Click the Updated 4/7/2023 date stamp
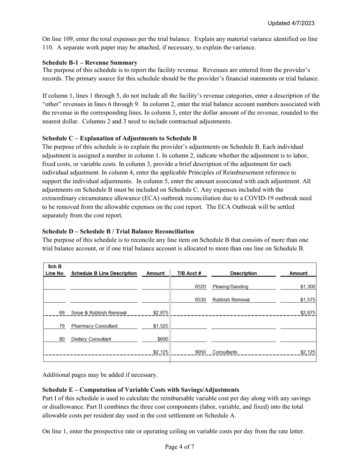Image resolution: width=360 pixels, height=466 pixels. [x=291, y=23]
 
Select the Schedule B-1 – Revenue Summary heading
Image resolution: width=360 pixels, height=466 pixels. [x=90, y=63]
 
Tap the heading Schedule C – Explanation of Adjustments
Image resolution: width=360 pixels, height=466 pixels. [x=119, y=138]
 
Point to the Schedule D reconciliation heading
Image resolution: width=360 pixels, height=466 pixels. [x=118, y=231]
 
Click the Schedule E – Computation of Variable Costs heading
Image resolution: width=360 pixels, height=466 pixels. [x=141, y=390]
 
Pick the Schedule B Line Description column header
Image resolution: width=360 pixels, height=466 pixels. [x=104, y=273]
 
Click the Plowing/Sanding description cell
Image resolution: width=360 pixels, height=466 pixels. [x=230, y=287]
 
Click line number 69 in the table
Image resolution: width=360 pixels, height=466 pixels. [x=62, y=313]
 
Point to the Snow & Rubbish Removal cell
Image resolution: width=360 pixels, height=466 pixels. [x=99, y=313]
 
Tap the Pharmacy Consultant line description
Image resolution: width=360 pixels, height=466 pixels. [x=94, y=326]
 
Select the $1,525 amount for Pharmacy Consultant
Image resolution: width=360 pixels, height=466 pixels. [x=161, y=326]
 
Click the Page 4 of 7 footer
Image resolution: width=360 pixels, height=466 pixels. [x=180, y=447]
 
